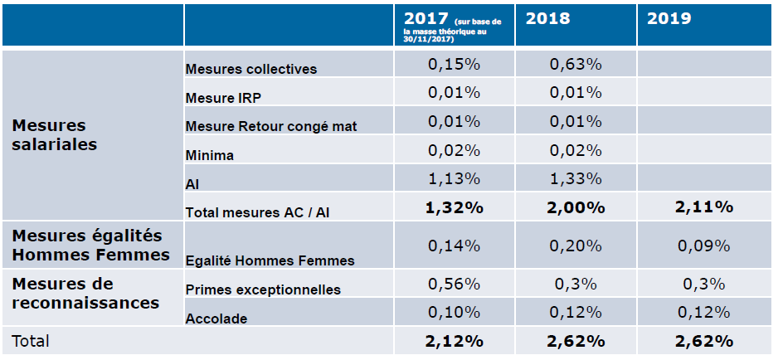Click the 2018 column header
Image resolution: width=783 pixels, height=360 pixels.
pyautogui.click(x=547, y=18)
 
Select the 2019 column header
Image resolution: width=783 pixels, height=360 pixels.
pyautogui.click(x=669, y=18)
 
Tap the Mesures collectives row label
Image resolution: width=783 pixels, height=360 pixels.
pyautogui.click(x=251, y=69)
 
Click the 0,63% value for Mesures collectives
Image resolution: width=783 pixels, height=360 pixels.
pyautogui.click(x=576, y=65)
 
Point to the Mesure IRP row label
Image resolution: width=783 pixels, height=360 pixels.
pyautogui.click(x=223, y=98)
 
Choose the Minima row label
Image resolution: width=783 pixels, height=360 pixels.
pyautogui.click(x=209, y=155)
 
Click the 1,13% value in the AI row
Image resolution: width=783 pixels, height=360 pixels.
pyautogui.click(x=454, y=178)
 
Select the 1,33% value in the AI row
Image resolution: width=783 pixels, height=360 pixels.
pyautogui.click(x=576, y=178)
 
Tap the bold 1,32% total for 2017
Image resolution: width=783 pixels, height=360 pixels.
pyautogui.click(x=455, y=207)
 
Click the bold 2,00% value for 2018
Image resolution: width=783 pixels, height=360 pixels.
pyautogui.click(x=576, y=207)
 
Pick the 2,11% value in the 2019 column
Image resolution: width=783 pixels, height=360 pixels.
pyautogui.click(x=704, y=207)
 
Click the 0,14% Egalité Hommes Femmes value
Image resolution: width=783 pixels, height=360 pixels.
pyautogui.click(x=454, y=246)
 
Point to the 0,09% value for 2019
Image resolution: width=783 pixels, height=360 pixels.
pyautogui.click(x=704, y=246)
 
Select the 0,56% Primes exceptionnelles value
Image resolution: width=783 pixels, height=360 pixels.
pyautogui.click(x=454, y=284)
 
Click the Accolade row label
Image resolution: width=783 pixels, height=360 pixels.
pyautogui.click(x=216, y=319)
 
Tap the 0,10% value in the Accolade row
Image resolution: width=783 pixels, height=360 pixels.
pyautogui.click(x=454, y=312)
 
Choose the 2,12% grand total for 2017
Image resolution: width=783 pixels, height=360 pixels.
pyautogui.click(x=455, y=341)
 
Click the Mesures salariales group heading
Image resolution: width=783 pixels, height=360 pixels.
pyautogui.click(x=55, y=135)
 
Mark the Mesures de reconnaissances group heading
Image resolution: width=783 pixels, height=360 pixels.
pyautogui.click(x=86, y=293)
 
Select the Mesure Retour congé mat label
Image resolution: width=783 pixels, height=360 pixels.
pyautogui.click(x=271, y=126)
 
